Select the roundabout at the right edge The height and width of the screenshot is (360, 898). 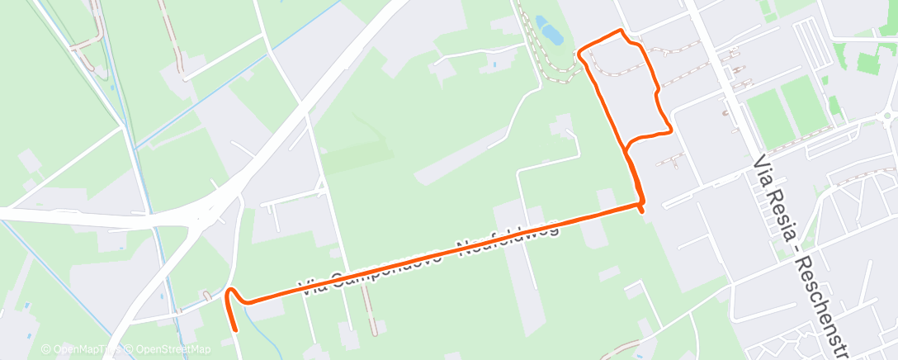(x=887, y=116)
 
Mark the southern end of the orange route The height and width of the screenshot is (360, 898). (x=238, y=330)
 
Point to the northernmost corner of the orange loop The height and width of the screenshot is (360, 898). (x=621, y=31)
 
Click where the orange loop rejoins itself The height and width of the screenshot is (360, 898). (x=627, y=149)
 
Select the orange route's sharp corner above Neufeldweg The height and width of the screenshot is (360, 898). (x=641, y=201)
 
